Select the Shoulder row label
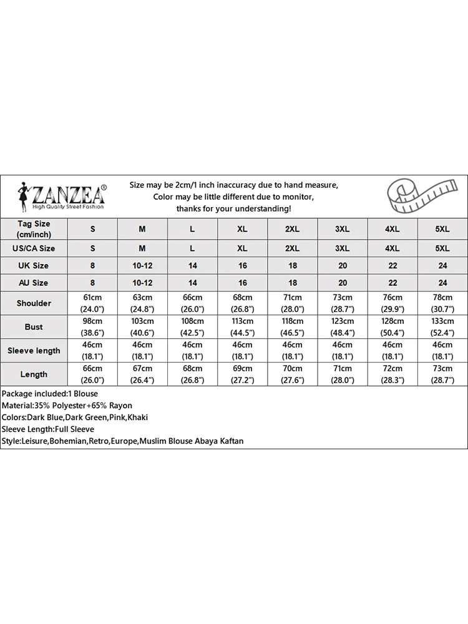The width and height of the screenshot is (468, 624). point(34,303)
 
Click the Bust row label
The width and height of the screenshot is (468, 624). point(34,327)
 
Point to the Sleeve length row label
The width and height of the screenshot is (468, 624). point(34,351)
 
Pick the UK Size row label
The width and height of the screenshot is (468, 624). point(34,265)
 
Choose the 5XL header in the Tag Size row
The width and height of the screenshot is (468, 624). point(442,229)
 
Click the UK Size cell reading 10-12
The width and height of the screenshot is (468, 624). point(142,265)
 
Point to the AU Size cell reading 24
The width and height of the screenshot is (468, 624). point(442,283)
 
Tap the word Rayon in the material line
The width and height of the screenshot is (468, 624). point(119,406)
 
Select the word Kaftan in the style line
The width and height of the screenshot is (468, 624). point(230,441)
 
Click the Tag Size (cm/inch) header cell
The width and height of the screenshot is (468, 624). point(34,229)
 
